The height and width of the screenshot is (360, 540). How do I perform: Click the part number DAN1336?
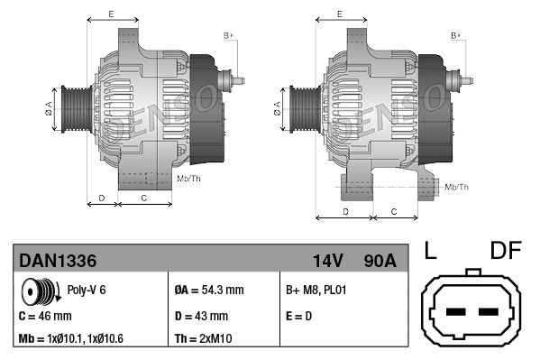pyautogui.click(x=58, y=261)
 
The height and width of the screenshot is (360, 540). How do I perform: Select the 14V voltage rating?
pyautogui.click(x=328, y=261)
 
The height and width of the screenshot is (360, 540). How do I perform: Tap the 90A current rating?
pyautogui.click(x=378, y=261)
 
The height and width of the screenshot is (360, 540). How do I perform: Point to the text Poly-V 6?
pyautogui.click(x=87, y=291)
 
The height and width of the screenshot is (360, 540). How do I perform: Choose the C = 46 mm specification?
pyautogui.click(x=46, y=316)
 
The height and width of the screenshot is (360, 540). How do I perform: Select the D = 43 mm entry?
pyautogui.click(x=200, y=316)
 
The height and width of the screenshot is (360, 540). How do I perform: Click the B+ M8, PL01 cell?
pyautogui.click(x=316, y=291)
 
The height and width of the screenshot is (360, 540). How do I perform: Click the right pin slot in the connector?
pyautogui.click(x=490, y=313)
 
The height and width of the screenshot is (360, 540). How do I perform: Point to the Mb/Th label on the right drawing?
pyautogui.click(x=457, y=187)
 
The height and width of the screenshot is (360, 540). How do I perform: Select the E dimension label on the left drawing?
pyautogui.click(x=110, y=14)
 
